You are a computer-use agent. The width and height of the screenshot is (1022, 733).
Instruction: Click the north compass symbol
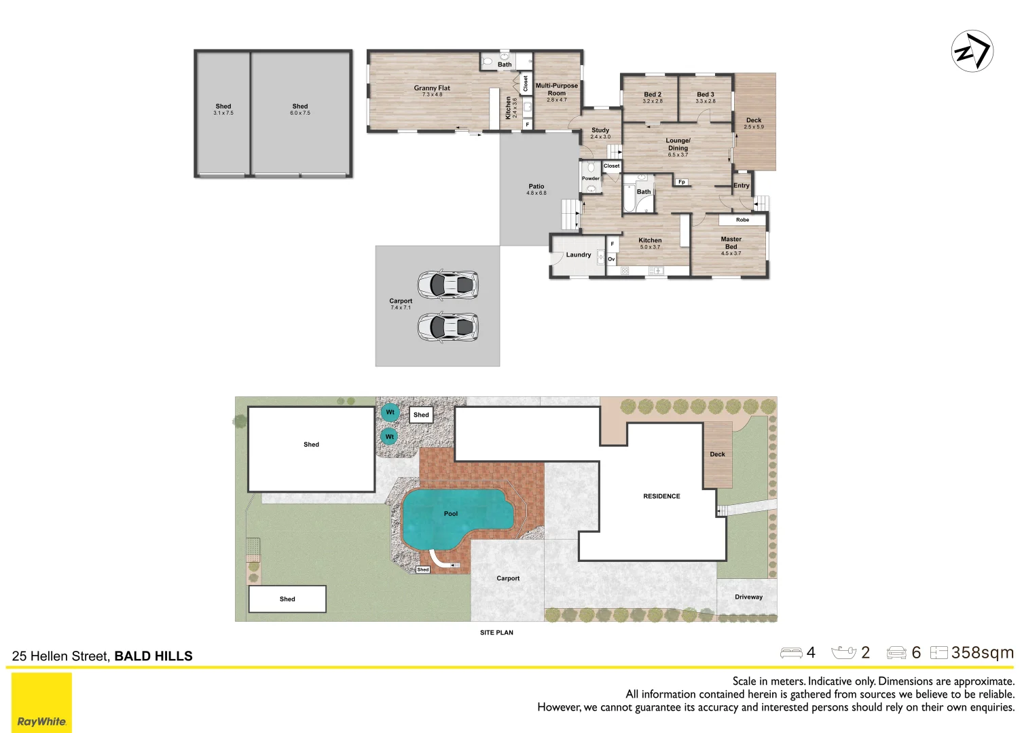[x=972, y=51]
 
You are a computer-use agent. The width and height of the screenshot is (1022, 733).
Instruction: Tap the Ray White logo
[x=41, y=702]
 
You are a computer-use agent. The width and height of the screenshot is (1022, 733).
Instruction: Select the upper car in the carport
[x=448, y=284]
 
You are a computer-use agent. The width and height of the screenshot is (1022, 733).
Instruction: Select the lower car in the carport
[x=448, y=326]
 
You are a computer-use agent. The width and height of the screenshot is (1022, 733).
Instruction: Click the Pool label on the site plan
[x=451, y=514]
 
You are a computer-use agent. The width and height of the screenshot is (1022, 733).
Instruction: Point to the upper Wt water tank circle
[x=390, y=413]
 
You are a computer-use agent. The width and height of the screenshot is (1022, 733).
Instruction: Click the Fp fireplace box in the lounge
[x=682, y=182]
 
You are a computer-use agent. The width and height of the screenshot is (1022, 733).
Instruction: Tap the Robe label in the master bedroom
[x=742, y=220]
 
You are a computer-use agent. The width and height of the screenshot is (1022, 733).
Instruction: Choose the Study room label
[x=600, y=130]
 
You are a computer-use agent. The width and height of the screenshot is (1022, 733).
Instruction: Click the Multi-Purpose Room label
[x=557, y=90]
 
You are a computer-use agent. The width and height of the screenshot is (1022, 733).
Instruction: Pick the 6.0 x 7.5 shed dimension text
[x=299, y=113]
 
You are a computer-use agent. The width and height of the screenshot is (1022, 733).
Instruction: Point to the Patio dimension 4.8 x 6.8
[x=536, y=193]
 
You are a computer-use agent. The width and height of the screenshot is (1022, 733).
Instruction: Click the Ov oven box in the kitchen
[x=611, y=259]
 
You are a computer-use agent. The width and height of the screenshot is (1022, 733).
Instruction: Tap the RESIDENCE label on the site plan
[x=661, y=496]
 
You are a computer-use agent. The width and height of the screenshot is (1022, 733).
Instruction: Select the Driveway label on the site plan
[x=749, y=597]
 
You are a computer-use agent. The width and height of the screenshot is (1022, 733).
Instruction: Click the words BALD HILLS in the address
[x=153, y=656]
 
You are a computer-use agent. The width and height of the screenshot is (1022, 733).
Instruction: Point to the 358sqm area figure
[x=983, y=653]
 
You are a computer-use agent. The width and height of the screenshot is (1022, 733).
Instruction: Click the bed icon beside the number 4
[x=791, y=653]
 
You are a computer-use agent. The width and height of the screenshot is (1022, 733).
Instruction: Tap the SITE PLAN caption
[x=496, y=633]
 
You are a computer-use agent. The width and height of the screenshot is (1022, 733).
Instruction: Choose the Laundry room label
[x=579, y=255]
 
